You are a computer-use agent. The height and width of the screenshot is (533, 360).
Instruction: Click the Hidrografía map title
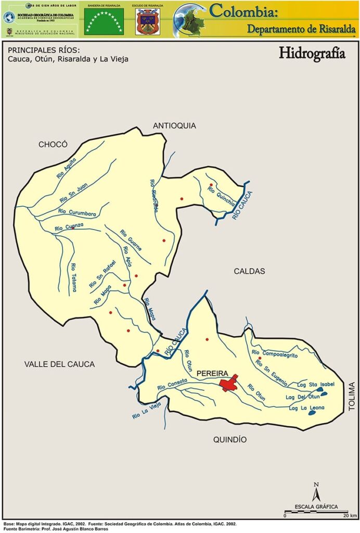pyautogui.click(x=312, y=54)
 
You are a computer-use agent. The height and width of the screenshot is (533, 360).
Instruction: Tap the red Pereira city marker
pyautogui.click(x=228, y=384)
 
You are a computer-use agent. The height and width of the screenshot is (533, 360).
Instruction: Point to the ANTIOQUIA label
pyautogui.click(x=174, y=125)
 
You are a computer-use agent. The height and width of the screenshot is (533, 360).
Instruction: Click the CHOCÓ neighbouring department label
pyautogui.click(x=53, y=144)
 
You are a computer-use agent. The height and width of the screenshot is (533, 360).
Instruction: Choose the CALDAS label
pyautogui.click(x=249, y=271)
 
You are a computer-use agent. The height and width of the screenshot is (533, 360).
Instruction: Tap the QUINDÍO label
pyautogui.click(x=230, y=440)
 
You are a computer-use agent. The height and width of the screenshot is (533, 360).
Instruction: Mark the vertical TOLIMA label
pyautogui.click(x=352, y=397)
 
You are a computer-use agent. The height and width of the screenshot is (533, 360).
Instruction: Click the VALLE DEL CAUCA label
pyautogui.click(x=59, y=364)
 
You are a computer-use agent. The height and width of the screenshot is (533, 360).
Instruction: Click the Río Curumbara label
pyautogui.click(x=77, y=212)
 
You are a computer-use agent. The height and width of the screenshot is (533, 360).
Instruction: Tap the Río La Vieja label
pyautogui.click(x=146, y=409)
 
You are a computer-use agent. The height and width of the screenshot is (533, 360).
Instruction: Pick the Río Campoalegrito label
pyautogui.click(x=274, y=354)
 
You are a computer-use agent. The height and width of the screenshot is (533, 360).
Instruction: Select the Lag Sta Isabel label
pyautogui.click(x=312, y=384)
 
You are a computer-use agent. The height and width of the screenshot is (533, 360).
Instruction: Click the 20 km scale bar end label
pyautogui.click(x=350, y=515)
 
